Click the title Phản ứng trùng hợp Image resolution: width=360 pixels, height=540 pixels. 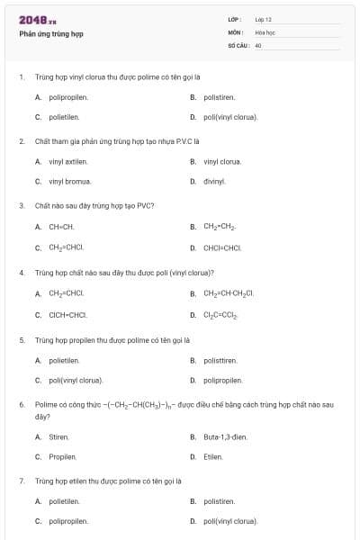tap(51, 34)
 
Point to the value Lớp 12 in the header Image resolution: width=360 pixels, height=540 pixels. tap(263, 19)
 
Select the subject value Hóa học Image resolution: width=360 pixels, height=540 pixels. tap(265, 31)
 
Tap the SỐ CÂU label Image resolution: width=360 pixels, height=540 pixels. tap(237, 44)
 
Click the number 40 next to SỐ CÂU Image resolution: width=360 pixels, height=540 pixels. tap(258, 44)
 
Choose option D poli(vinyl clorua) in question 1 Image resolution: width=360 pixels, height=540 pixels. tap(229, 117)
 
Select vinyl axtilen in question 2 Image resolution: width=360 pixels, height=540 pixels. tap(68, 162)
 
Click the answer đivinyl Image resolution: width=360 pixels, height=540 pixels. tap(214, 182)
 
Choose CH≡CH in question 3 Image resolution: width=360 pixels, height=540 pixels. tap(61, 227)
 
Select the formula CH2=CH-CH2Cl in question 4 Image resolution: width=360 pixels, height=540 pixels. tap(229, 293)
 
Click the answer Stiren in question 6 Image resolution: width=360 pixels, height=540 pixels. tap(59, 437)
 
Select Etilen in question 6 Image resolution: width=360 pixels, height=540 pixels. tap(213, 457)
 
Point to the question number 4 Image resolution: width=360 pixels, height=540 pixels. tap(22, 272)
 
